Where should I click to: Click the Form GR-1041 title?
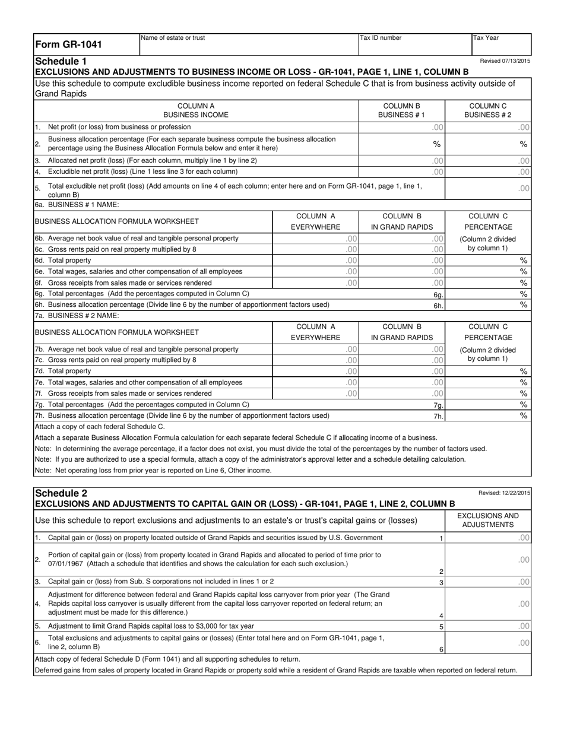coord(69,45)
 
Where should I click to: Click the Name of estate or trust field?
coord(248,45)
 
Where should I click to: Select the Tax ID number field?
coord(414,45)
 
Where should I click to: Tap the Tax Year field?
coord(500,45)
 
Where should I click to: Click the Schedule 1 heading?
coord(61,61)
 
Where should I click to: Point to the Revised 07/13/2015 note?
coord(505,61)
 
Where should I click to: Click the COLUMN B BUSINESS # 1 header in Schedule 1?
coord(403,110)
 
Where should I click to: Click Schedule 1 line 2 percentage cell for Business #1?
coord(403,144)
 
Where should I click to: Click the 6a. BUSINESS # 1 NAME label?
coord(77,205)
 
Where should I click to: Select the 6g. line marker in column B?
coord(438,294)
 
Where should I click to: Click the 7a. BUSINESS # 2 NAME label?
coord(77,315)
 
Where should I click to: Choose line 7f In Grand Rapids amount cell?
coord(403,393)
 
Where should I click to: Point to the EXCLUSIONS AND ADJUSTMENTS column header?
coord(488,520)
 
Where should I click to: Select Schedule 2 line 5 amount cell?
coord(488,626)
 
